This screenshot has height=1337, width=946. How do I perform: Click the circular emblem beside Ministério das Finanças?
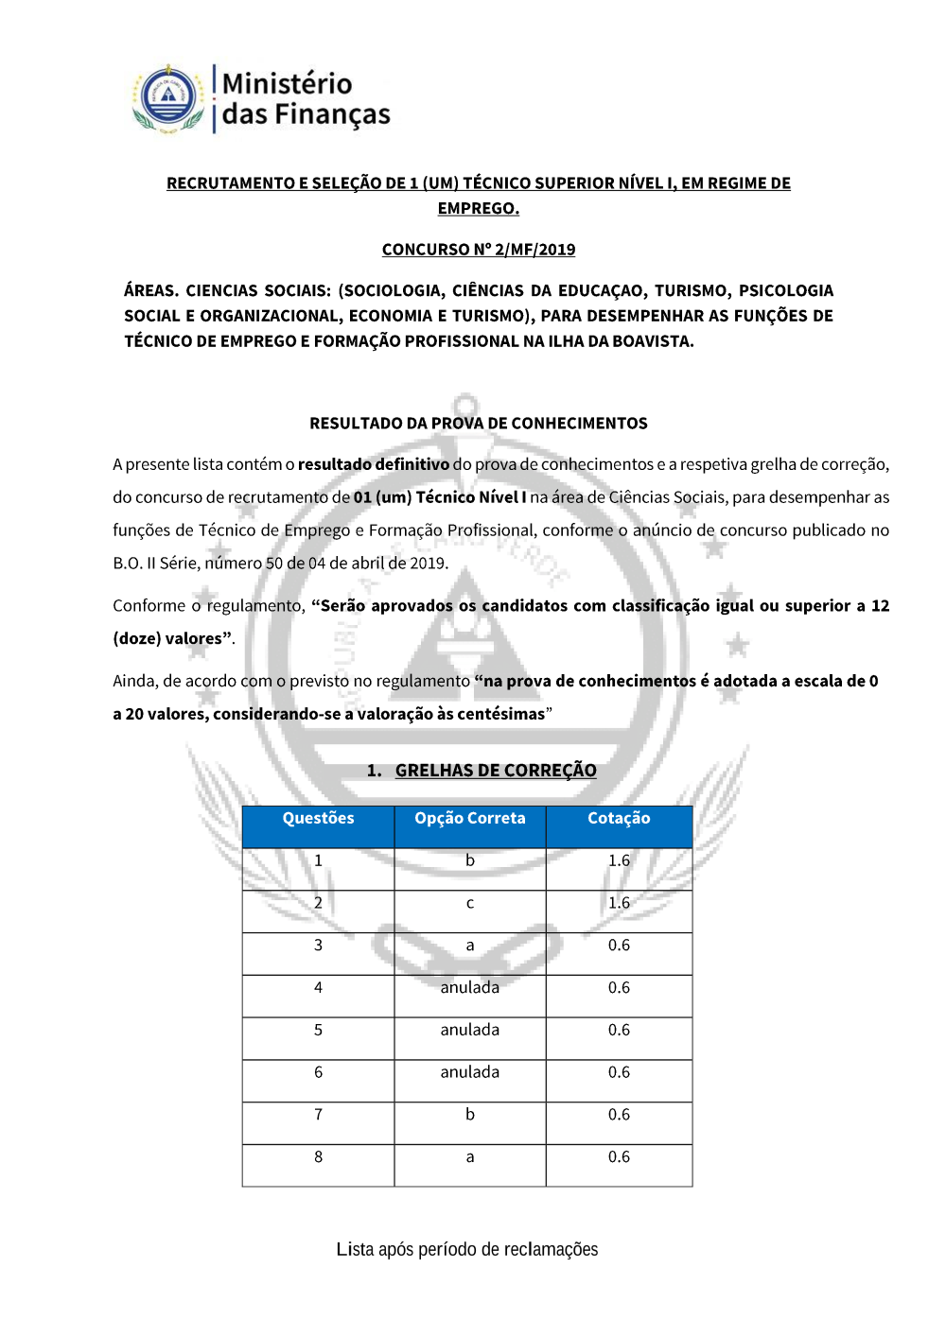tap(168, 97)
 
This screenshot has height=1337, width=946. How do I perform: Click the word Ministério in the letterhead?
tap(288, 83)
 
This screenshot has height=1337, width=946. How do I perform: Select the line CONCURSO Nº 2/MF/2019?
tap(479, 250)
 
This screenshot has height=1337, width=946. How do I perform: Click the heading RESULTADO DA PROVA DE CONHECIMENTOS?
tap(479, 424)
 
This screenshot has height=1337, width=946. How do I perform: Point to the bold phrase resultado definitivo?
tap(374, 464)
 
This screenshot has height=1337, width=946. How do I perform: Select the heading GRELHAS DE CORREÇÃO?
tap(496, 771)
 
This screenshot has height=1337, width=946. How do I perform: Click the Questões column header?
tap(318, 819)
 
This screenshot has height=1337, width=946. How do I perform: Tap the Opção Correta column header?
tap(470, 819)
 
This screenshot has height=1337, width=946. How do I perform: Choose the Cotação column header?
tap(619, 819)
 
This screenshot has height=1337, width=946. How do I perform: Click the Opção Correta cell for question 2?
tap(470, 904)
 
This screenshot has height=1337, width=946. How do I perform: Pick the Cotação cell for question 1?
tap(619, 861)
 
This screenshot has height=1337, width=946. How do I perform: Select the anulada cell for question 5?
tap(470, 1031)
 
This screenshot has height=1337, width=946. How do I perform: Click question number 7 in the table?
tap(318, 1116)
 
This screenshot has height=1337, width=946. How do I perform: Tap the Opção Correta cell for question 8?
tap(470, 1158)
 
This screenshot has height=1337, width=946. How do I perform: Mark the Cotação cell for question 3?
tap(619, 946)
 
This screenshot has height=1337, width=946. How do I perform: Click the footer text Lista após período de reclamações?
tap(467, 1250)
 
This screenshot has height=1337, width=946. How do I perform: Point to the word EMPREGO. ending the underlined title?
tap(479, 209)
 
